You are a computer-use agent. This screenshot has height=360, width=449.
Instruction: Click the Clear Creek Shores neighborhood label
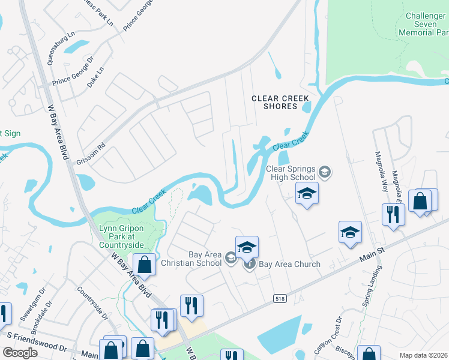coord(280,102)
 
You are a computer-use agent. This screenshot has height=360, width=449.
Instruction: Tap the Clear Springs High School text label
coord(291,173)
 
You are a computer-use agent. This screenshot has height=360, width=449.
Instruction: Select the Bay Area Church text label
coord(289,264)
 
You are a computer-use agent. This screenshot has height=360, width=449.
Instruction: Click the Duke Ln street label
coord(95,77)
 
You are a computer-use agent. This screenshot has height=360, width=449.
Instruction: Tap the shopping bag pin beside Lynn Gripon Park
coord(144,263)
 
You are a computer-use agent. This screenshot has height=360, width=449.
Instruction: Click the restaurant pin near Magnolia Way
coord(393,215)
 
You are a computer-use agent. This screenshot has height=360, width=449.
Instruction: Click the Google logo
coord(20,352)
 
